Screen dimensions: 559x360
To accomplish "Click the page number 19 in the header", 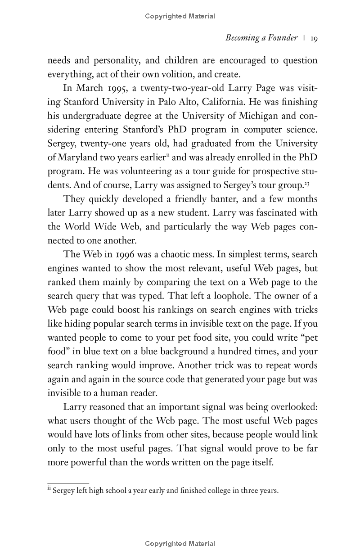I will [x=314, y=38].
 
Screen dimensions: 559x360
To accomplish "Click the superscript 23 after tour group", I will [x=307, y=184].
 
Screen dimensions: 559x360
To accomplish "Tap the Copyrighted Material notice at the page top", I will [x=180, y=16].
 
